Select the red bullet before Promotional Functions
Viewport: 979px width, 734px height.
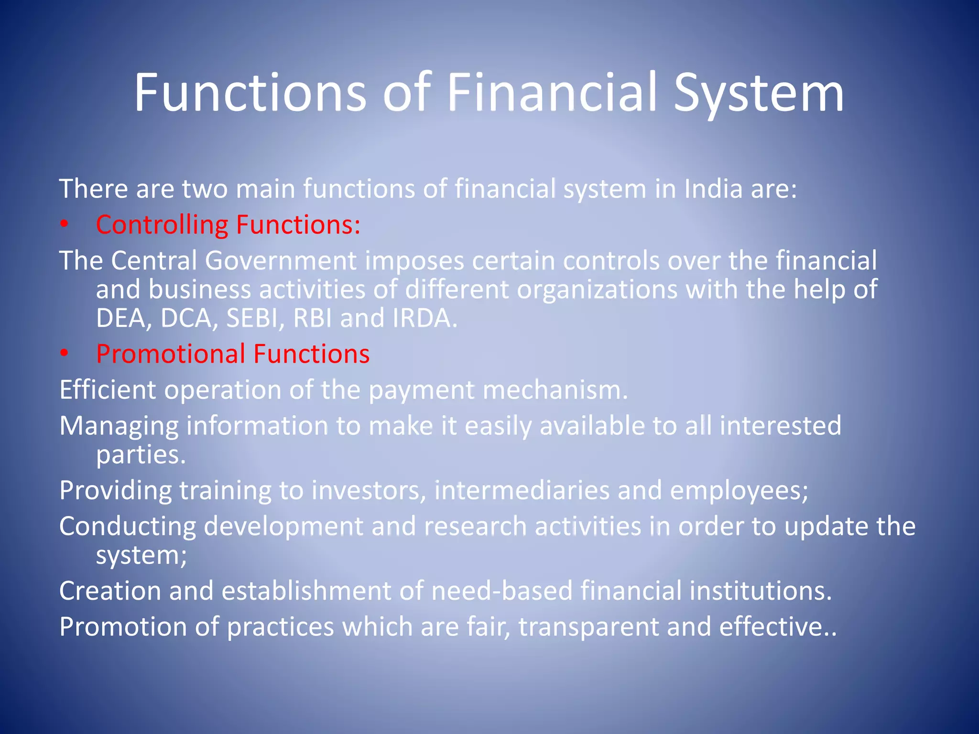[x=65, y=354]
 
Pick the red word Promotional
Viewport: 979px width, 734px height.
[x=171, y=354]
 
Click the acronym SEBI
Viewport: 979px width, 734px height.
[x=251, y=318]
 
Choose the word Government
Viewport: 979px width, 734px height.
[x=281, y=261]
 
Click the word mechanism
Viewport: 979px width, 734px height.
[x=555, y=390]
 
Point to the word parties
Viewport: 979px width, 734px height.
[x=141, y=454]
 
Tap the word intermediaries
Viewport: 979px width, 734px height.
[x=522, y=490]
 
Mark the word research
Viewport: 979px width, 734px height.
[x=475, y=526]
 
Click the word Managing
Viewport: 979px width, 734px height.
[x=119, y=426]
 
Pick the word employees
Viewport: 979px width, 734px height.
[x=739, y=490]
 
